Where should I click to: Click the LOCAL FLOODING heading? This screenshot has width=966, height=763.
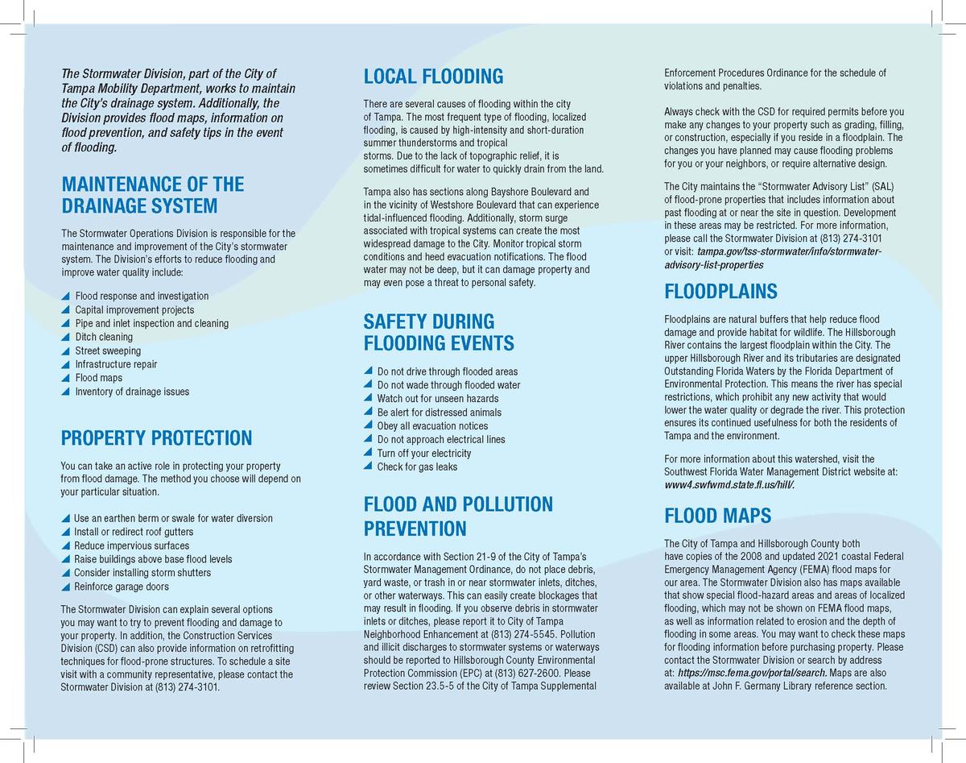tap(433, 77)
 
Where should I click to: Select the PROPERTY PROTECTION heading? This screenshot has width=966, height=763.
tap(156, 438)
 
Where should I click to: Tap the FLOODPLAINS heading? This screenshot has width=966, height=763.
tap(720, 291)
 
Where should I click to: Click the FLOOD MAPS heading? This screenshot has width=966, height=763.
tap(717, 516)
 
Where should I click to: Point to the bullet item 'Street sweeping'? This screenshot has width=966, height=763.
tap(108, 350)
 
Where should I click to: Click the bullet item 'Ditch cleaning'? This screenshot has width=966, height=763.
tap(104, 337)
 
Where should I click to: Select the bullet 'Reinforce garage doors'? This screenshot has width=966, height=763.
tap(121, 587)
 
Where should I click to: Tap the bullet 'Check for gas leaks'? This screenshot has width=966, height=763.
tap(416, 467)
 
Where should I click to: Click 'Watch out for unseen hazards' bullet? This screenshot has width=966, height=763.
tap(437, 398)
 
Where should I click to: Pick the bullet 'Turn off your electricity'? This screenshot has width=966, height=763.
tap(423, 453)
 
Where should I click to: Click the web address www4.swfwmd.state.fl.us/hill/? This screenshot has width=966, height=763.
tap(734, 486)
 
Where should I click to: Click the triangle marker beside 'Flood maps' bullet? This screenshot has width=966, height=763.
tap(66, 378)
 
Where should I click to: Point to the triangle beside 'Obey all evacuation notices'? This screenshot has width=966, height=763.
tap(369, 426)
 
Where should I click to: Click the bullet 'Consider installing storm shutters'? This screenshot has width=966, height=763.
tap(142, 573)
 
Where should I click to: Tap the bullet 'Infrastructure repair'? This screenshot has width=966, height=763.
tap(116, 364)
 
